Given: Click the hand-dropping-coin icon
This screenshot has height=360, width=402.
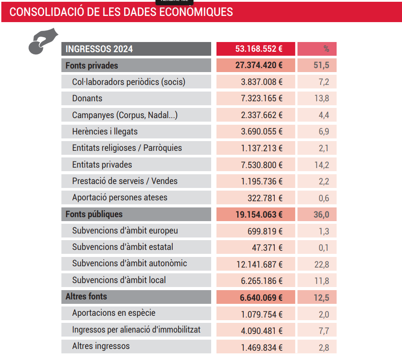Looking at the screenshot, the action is click(x=43, y=41).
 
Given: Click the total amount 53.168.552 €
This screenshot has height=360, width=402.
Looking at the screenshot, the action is click(x=259, y=49).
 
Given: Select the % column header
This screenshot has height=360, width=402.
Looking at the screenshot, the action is click(x=326, y=49).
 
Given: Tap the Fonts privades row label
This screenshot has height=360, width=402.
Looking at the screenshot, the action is click(x=91, y=65).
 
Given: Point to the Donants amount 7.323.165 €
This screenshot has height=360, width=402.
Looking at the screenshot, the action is click(x=262, y=98).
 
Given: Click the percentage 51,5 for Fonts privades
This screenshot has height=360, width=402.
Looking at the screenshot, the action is click(x=321, y=65).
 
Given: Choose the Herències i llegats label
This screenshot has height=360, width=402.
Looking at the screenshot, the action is click(x=105, y=131).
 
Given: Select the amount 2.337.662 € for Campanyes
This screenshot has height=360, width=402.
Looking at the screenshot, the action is click(x=262, y=115).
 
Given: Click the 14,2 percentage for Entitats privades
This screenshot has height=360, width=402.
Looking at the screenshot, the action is click(x=322, y=165).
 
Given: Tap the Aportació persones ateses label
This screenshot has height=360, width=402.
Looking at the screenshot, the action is click(x=120, y=197).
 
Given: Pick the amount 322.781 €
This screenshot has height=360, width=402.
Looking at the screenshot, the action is click(x=265, y=198).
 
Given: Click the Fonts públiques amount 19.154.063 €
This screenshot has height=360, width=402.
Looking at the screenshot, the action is click(x=259, y=214).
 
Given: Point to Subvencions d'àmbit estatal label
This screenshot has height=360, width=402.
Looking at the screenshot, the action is click(x=122, y=247).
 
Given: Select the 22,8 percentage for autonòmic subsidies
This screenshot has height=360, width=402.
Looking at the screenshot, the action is click(x=322, y=264).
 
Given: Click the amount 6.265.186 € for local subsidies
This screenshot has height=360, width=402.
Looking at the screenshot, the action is click(x=262, y=281).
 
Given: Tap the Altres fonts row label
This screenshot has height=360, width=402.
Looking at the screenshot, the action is click(x=86, y=296).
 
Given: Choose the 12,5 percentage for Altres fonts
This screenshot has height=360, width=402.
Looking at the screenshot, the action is click(x=322, y=298).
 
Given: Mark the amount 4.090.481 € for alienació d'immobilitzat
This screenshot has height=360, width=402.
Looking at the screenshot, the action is click(x=262, y=331).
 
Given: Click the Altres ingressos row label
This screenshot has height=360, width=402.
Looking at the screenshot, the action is click(x=101, y=346).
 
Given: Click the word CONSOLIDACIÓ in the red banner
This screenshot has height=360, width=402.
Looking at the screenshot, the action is click(x=47, y=12).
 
